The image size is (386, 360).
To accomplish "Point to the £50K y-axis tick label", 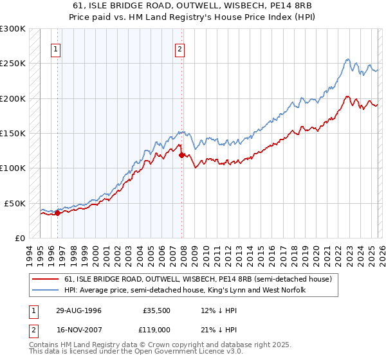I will (x=14, y=203).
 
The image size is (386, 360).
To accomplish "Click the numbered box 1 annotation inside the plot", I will (x=57, y=49).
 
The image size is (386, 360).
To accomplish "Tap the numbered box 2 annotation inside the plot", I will (x=179, y=49).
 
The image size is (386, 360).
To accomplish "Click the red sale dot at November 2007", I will (x=182, y=155).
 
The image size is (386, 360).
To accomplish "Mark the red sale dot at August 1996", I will (x=58, y=213).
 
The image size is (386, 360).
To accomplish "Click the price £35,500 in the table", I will (x=157, y=310).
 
